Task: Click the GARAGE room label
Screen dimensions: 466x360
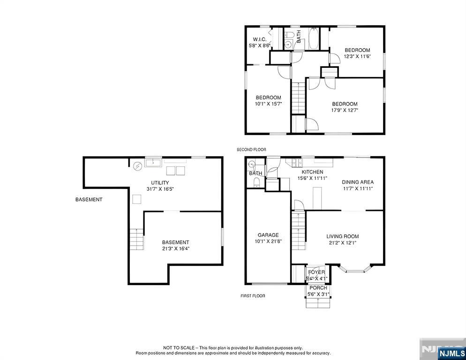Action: [268, 235]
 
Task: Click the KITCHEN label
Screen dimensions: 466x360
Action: [312, 172]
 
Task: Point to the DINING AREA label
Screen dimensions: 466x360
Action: [357, 182]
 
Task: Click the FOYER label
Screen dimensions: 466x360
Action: [316, 272]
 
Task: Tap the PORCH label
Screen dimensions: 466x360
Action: [318, 288]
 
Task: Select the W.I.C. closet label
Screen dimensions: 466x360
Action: [259, 39]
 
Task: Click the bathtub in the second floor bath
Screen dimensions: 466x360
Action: [314, 39]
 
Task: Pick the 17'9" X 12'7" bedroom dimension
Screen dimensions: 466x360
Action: [345, 111]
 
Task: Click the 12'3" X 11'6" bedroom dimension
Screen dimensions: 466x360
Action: [357, 56]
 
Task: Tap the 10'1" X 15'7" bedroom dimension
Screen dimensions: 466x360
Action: [268, 104]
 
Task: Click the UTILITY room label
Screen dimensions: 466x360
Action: [160, 183]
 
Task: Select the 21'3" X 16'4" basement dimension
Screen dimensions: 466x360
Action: [175, 249]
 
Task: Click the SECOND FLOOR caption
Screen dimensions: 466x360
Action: [251, 150]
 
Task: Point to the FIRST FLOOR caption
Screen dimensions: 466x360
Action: [253, 296]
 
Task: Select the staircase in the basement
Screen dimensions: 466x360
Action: [136, 240]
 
